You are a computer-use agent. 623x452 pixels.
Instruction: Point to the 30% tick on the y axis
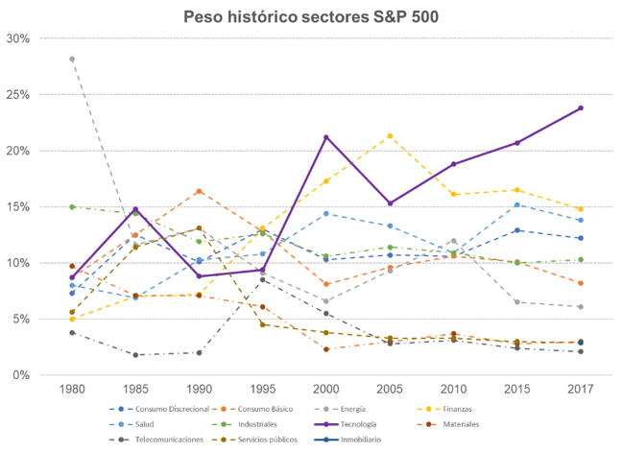(x=17, y=39)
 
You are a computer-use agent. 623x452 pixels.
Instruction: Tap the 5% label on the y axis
(x=21, y=319)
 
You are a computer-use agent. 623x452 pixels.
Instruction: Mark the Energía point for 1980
(x=72, y=59)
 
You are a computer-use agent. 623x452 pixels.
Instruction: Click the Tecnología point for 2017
(x=581, y=107)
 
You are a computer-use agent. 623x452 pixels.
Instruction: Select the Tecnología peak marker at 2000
(x=326, y=137)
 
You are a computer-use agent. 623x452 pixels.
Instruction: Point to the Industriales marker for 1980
(x=72, y=206)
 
